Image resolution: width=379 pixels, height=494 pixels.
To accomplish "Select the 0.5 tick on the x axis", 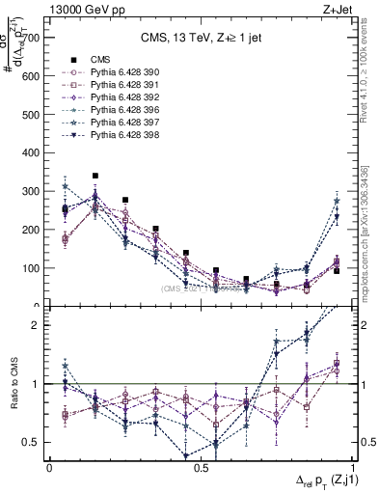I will click(201, 468).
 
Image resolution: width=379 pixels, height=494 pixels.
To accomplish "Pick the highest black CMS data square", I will click(95, 177).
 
